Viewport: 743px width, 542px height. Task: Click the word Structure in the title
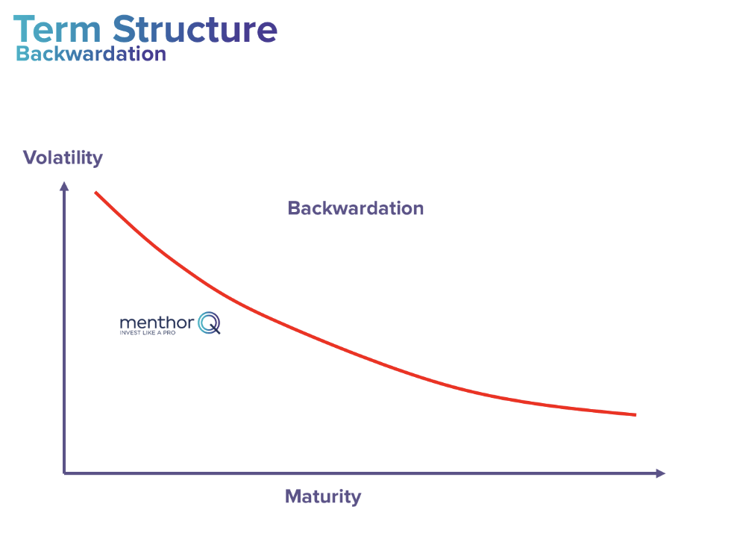(x=195, y=29)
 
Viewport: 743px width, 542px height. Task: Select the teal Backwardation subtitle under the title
(x=91, y=54)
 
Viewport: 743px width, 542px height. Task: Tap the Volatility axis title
(x=63, y=158)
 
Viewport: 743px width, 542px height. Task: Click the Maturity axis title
(x=322, y=496)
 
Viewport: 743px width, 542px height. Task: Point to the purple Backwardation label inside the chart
(x=355, y=208)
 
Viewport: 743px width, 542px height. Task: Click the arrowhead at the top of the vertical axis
(x=65, y=187)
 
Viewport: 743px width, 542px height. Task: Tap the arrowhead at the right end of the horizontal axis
(x=659, y=473)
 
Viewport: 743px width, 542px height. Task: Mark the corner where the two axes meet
(x=65, y=473)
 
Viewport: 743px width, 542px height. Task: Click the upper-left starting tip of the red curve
(x=95, y=193)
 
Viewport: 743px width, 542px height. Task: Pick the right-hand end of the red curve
(x=635, y=414)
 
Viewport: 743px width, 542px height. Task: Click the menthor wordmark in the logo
(x=157, y=323)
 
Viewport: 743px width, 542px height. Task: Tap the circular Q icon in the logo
(x=209, y=323)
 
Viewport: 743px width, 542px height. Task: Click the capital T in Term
(x=24, y=30)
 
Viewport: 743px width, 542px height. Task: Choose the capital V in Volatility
(x=30, y=158)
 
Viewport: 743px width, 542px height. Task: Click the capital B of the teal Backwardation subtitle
(x=22, y=54)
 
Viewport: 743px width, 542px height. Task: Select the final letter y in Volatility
(x=97, y=160)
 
